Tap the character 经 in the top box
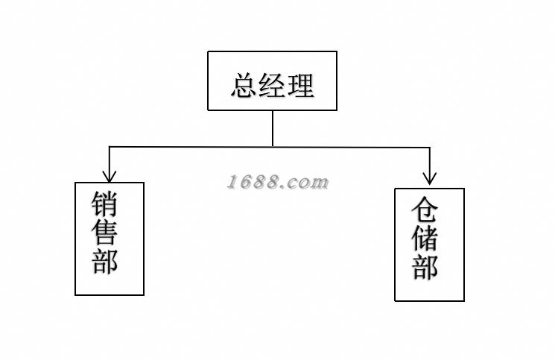pos(273,85)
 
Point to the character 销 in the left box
pos(107,206)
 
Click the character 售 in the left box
pos(107,234)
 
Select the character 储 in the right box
pos(427,239)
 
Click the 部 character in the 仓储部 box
pos(427,267)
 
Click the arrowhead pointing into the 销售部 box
pos(110,177)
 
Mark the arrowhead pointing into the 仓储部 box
pos(430,178)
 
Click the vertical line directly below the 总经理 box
pos(273,128)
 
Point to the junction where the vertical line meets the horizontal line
pos(273,147)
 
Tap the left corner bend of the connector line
pos(110,147)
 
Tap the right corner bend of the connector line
pos(430,148)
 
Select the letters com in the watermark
pos(308,182)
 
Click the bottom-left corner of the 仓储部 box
pos(395,300)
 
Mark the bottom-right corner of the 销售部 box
pos(144,295)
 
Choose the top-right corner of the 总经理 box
pos(337,51)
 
